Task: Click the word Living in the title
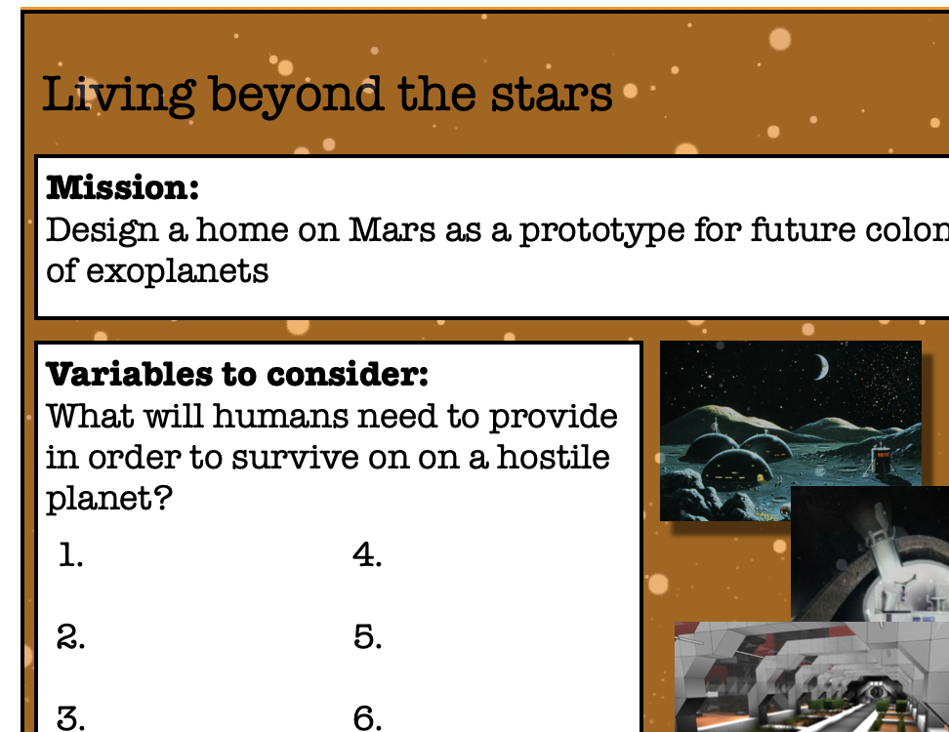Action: [x=119, y=95]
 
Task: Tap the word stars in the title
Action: [x=552, y=95]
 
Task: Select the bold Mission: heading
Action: [x=122, y=187]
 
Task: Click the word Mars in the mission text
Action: [x=392, y=230]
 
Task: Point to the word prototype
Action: [x=602, y=231]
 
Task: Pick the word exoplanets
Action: [x=178, y=271]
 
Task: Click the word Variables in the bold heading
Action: [x=129, y=374]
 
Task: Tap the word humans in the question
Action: [x=280, y=417]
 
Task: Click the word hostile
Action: [x=554, y=457]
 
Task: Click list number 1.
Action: [x=71, y=554]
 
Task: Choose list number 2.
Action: [x=70, y=637]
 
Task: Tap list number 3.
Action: [x=70, y=718]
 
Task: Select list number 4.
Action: [x=367, y=554]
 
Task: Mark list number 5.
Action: [x=367, y=637]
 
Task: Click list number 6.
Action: [x=367, y=718]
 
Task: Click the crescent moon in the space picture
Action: [x=822, y=367]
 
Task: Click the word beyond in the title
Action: [x=297, y=96]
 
